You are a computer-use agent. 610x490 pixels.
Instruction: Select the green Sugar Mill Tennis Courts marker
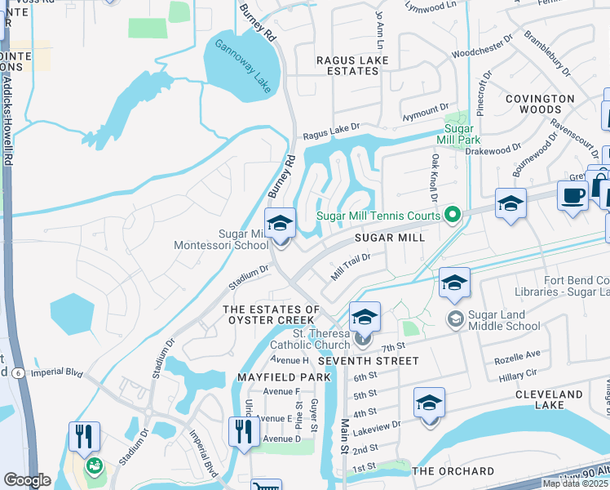click(453, 216)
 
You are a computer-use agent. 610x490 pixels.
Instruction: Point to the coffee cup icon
click(572, 196)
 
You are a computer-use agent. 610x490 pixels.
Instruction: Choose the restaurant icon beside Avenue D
click(244, 432)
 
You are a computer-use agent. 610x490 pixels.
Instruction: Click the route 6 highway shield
click(16, 372)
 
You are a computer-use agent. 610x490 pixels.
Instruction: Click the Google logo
click(27, 480)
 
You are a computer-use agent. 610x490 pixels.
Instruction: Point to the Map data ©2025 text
click(575, 483)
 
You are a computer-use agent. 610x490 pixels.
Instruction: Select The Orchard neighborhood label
click(453, 471)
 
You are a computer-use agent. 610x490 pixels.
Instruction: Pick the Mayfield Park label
click(284, 377)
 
